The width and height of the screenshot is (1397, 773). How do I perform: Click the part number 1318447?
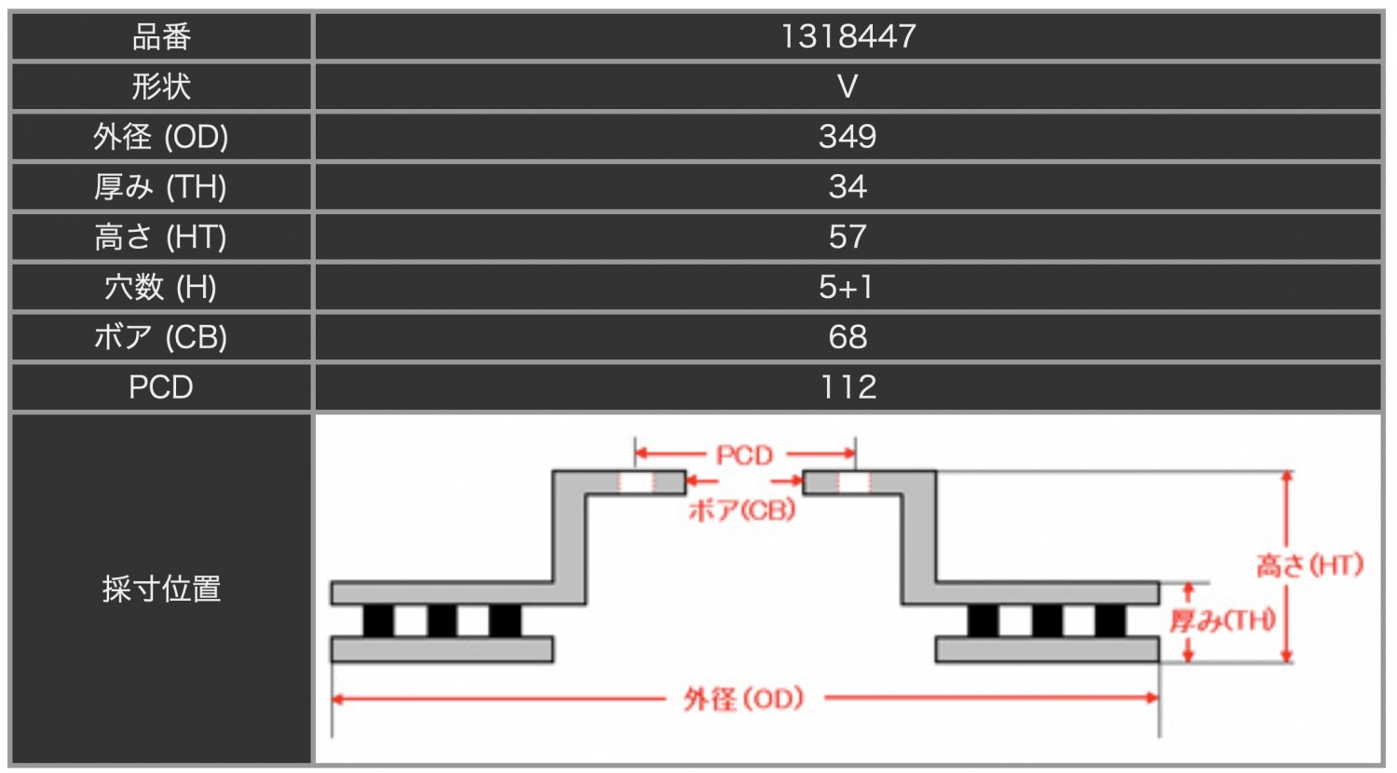[x=848, y=36]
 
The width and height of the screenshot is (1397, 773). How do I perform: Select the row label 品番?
[x=161, y=36]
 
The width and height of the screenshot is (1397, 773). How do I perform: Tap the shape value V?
[x=848, y=87]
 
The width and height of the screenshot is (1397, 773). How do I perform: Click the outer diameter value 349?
[x=848, y=137]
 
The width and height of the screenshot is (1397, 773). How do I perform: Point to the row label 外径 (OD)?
[x=161, y=137]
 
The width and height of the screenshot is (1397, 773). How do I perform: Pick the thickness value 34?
[x=848, y=187]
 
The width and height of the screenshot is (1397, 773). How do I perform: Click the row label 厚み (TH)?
[x=161, y=187]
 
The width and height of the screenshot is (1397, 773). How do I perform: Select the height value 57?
[x=848, y=237]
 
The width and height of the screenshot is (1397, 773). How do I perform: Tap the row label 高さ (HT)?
[x=161, y=237]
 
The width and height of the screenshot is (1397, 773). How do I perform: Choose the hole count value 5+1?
[x=848, y=287]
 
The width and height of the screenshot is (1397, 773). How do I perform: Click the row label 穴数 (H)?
[x=161, y=287]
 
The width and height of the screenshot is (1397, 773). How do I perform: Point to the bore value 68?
[x=848, y=337]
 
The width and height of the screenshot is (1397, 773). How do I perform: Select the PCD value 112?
[x=848, y=386]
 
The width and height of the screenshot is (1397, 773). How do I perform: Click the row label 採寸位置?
[x=161, y=589]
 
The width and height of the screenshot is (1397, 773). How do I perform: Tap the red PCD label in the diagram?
[x=744, y=455]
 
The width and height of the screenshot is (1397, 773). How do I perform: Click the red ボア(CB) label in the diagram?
[x=742, y=509]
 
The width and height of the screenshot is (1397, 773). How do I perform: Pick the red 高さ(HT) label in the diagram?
[x=1309, y=564]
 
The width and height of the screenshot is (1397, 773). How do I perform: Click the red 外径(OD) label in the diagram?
[x=743, y=698]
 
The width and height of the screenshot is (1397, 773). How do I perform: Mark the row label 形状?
[x=161, y=87]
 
